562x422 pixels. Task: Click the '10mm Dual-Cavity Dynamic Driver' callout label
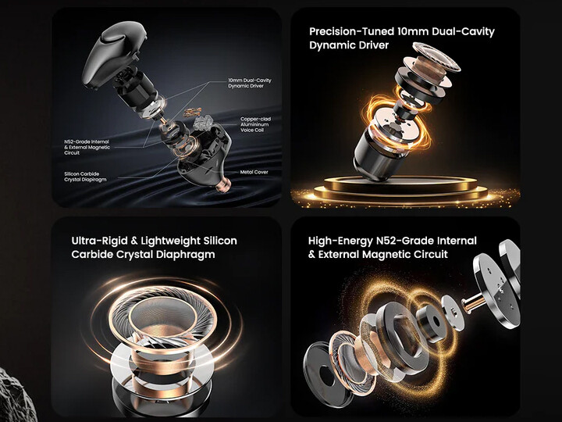pos(250,84)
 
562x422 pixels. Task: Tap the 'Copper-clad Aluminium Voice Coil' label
pos(255,124)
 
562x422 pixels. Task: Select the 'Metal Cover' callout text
pos(254,172)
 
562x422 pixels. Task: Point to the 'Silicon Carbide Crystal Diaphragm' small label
pos(85,177)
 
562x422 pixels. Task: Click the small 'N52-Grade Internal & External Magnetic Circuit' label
pos(87,147)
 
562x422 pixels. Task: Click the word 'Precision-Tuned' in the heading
pos(351,31)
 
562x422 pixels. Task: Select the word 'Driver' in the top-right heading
pos(372,45)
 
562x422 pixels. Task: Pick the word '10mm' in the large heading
pos(413,31)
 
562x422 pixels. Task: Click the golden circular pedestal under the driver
pos(400,189)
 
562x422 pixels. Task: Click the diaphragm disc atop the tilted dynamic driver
pos(436,57)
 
